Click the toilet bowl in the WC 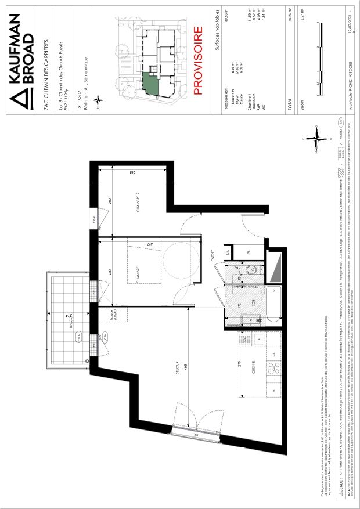(249, 270)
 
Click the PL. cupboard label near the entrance (249, 250)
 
